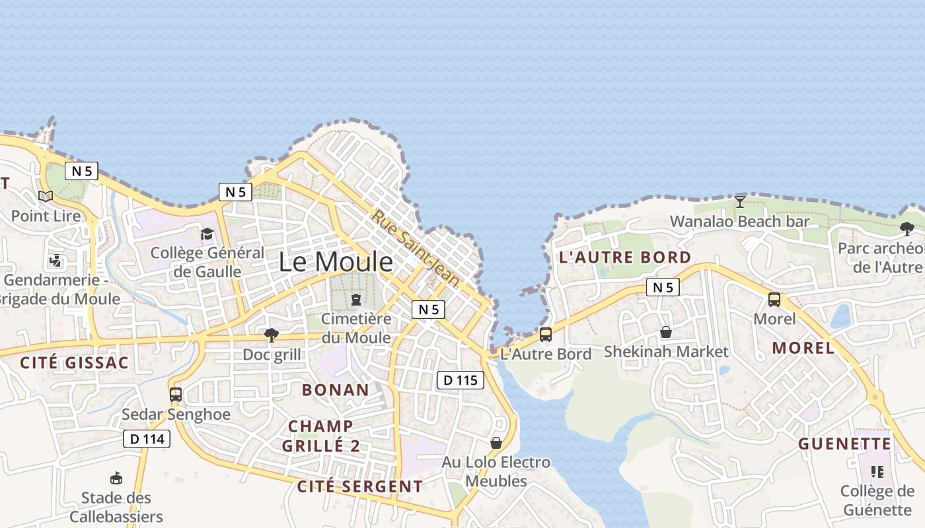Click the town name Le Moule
[x=336, y=262]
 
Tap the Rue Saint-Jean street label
[x=415, y=247]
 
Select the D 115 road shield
[x=461, y=380]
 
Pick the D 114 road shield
[x=147, y=439]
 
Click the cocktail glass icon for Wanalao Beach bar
[x=740, y=201]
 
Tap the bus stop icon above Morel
[x=774, y=300]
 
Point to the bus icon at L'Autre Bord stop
[x=546, y=334]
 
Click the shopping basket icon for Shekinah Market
[x=666, y=332]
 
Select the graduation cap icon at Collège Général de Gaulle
[x=207, y=234]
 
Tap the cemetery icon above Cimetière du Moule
[x=356, y=300]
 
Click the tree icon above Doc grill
[x=271, y=335]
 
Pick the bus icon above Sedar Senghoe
[x=176, y=395]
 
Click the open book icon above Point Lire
[x=46, y=196]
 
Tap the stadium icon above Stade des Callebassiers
[x=116, y=478]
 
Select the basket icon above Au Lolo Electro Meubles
[x=496, y=443]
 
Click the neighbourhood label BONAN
[x=336, y=389]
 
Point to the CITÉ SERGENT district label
[x=360, y=487]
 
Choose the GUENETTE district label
[x=845, y=444]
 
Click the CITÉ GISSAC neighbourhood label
[x=74, y=363]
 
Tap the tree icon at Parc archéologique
[x=907, y=229]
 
